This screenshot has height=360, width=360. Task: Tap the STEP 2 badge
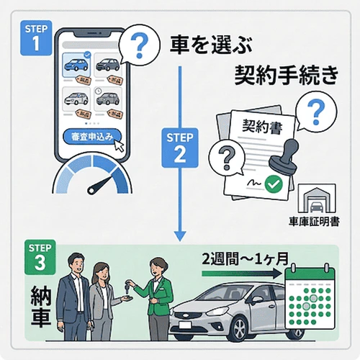point(181,147)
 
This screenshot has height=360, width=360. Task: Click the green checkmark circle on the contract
point(273,184)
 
